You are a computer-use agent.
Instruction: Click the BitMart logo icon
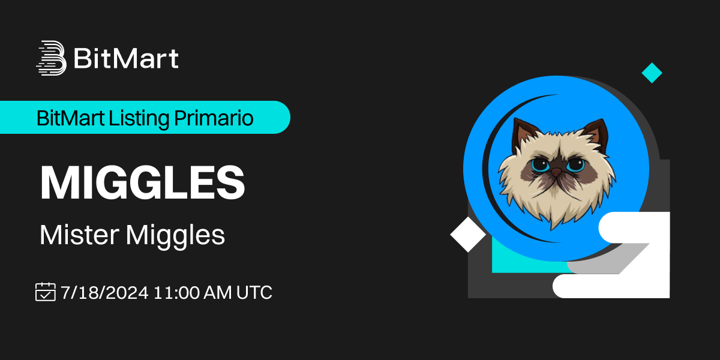(50, 58)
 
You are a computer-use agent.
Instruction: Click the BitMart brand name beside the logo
(126, 59)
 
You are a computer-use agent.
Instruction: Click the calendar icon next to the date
(46, 292)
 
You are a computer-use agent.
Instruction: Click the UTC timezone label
(254, 292)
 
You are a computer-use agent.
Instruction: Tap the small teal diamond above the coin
(652, 73)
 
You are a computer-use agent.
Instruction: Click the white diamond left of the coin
(468, 234)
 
